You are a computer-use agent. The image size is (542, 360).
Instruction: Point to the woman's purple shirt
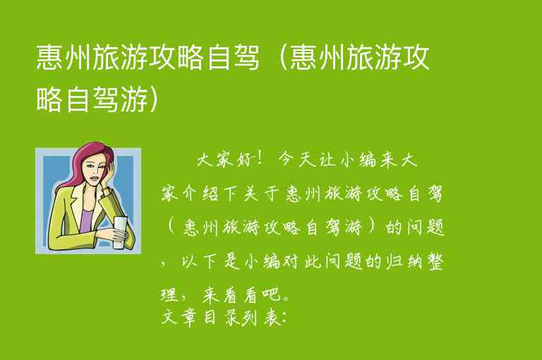(x=86, y=217)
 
